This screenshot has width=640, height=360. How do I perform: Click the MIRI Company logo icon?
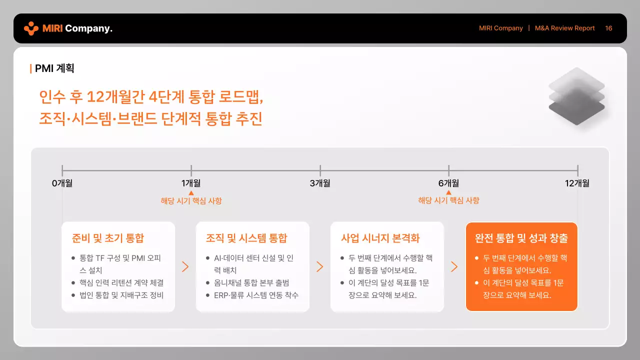click(x=31, y=28)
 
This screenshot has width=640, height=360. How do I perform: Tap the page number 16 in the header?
click(x=608, y=28)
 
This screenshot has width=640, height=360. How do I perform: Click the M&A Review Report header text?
click(x=564, y=28)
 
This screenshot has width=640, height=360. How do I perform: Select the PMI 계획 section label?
click(x=54, y=68)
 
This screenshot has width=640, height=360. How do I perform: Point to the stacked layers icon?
click(x=576, y=96)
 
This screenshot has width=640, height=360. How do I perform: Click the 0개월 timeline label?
click(x=62, y=183)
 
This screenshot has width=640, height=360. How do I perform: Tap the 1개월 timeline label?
click(x=191, y=183)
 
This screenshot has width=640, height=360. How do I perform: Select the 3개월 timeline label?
click(x=320, y=183)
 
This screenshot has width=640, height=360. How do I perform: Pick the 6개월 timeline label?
click(x=448, y=183)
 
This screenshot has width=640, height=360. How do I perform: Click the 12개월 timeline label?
click(x=577, y=183)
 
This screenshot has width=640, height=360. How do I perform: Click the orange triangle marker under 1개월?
click(x=191, y=192)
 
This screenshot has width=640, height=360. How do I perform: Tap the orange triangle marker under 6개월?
click(x=448, y=192)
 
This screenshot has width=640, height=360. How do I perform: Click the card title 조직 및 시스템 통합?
click(x=246, y=238)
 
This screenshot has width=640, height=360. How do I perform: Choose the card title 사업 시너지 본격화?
click(x=380, y=238)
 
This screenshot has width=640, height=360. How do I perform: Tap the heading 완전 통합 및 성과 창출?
click(x=521, y=238)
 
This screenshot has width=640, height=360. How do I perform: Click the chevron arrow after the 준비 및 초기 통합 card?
click(x=185, y=266)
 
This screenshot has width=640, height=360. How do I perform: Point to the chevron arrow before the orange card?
click(x=454, y=266)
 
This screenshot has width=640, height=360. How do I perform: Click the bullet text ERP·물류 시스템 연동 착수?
click(x=256, y=295)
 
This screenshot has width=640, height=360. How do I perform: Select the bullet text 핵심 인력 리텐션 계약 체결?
click(x=121, y=282)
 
